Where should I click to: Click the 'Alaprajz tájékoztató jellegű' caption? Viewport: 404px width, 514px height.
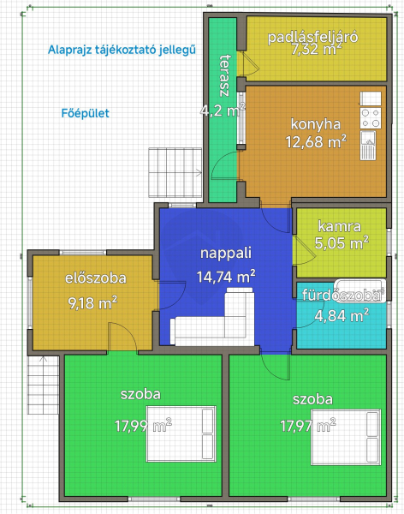[122, 51]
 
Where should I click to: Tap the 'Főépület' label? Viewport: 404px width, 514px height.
[86, 113]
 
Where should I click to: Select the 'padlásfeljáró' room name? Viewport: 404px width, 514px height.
[312, 37]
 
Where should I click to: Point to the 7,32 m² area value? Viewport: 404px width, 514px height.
[316, 49]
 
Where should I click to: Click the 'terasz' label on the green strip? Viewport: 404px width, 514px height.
[225, 75]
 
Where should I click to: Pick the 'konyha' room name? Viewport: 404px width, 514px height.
[316, 124]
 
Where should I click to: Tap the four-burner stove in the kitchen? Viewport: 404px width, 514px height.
[371, 117]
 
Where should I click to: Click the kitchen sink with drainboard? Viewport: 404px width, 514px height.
[368, 146]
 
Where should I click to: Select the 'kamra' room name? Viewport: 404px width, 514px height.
[340, 226]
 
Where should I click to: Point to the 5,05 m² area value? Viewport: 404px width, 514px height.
[342, 243]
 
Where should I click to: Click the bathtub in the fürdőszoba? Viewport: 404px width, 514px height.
[360, 290]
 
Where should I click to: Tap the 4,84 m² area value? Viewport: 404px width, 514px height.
[342, 315]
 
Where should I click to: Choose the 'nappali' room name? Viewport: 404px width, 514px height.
[226, 253]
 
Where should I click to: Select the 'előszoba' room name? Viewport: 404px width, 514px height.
[96, 278]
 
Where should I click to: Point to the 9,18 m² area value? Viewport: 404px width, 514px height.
[92, 303]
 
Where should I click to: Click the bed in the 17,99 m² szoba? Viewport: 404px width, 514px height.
[181, 433]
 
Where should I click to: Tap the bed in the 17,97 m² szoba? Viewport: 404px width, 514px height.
[346, 437]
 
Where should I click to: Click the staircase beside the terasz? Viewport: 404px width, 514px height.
[175, 172]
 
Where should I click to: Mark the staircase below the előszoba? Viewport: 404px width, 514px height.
[44, 385]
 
